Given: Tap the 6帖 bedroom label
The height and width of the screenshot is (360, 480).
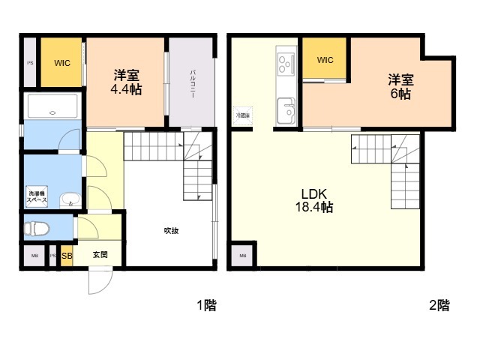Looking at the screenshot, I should [399, 86].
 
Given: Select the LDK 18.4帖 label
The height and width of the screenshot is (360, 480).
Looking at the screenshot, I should [318, 199].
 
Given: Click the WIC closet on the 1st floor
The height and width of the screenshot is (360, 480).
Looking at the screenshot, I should [62, 62].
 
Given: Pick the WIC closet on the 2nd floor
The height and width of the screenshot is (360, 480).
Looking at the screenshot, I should [325, 59].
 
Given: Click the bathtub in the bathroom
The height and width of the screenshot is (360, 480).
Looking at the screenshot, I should [51, 106].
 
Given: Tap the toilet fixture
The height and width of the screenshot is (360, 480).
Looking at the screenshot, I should [37, 227].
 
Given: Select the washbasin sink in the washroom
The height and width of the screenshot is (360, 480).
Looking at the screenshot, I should [69, 200].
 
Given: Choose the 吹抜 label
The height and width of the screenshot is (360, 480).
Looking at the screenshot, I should [171, 230].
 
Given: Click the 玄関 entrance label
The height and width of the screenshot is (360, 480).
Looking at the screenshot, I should [100, 255].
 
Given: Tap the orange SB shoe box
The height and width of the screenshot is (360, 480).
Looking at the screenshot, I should [67, 255].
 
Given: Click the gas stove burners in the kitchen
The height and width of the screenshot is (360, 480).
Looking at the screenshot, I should [286, 62].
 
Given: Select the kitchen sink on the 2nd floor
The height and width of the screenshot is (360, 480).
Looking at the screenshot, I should [286, 112].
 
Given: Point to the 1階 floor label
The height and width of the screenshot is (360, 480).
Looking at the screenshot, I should [206, 305].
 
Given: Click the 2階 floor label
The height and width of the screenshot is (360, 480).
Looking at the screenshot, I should [439, 305].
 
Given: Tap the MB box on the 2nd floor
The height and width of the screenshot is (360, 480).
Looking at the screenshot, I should [242, 256].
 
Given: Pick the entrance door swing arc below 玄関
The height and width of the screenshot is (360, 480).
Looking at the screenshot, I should [100, 283].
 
